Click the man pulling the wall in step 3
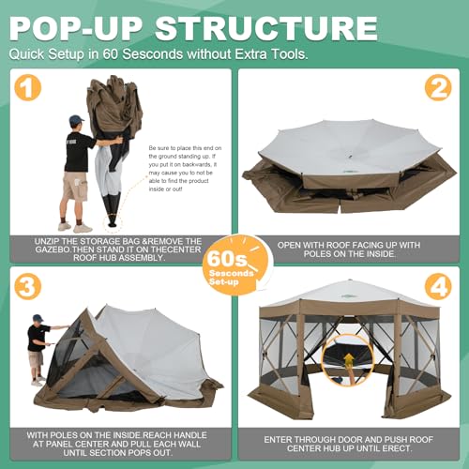coord(37,349)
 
